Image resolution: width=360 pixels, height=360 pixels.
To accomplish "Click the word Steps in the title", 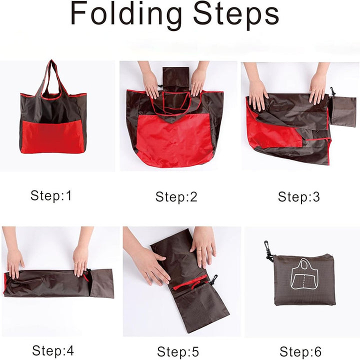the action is click(x=236, y=14).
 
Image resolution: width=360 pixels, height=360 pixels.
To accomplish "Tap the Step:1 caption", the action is click(x=51, y=195).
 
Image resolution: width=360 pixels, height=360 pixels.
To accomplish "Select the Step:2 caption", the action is click(x=176, y=197).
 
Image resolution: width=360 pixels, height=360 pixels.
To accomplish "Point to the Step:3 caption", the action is click(x=298, y=197).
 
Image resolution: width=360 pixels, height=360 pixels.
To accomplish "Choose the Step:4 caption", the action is click(x=53, y=350).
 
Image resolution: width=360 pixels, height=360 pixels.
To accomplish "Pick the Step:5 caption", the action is click(x=178, y=351).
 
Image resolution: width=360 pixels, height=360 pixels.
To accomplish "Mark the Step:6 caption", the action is click(x=300, y=351).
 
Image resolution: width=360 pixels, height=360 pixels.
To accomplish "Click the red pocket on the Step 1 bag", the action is click(x=52, y=136).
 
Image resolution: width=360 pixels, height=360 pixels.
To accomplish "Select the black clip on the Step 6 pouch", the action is click(x=268, y=251).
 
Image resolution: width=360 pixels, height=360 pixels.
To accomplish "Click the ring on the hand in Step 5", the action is click(x=199, y=249).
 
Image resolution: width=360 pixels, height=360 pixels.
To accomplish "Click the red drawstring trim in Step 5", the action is click(x=190, y=283).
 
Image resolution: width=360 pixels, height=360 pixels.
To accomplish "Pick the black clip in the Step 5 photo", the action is click(x=213, y=279).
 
